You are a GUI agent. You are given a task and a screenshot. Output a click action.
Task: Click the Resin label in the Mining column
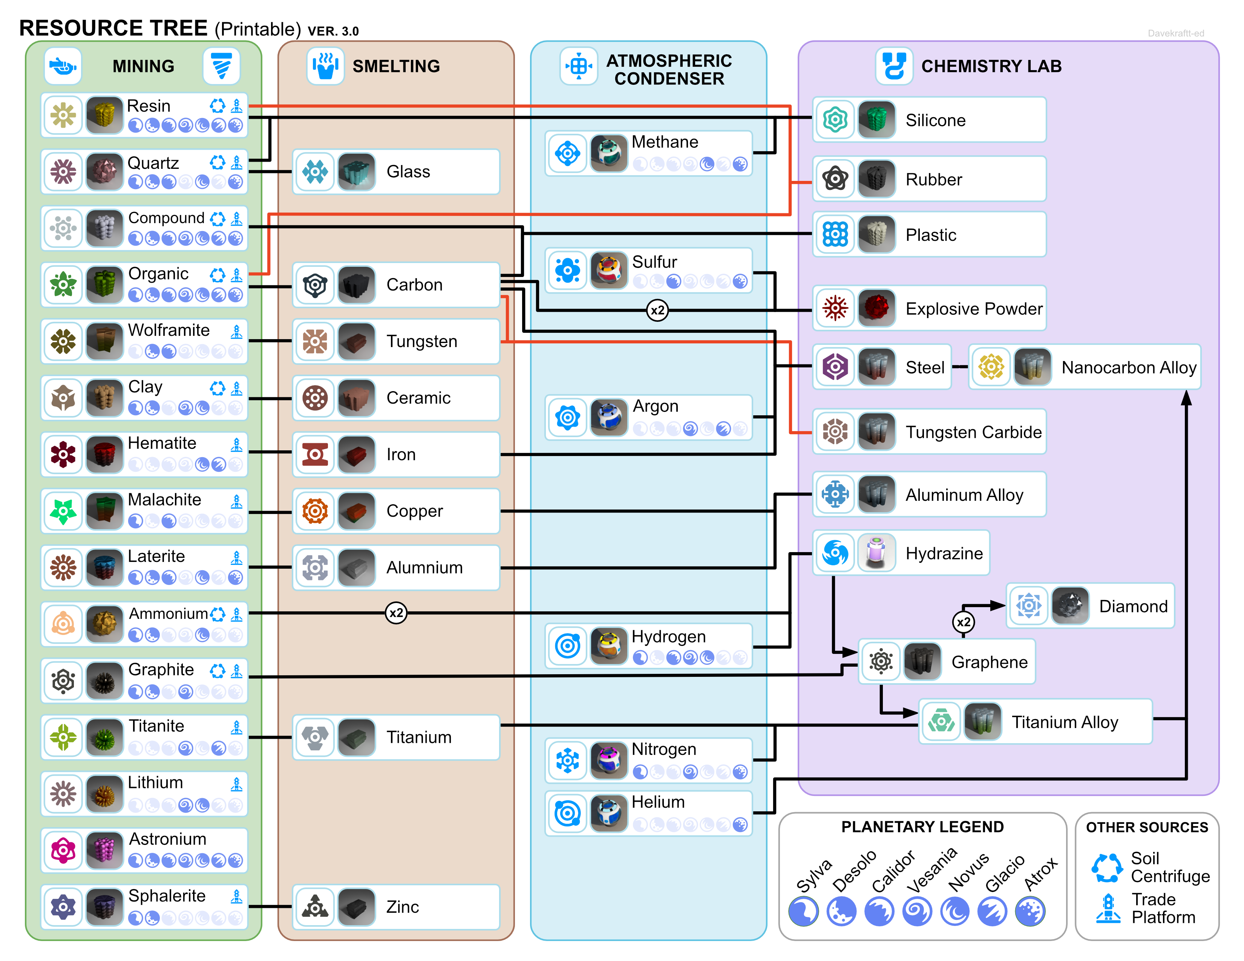pyautogui.click(x=149, y=106)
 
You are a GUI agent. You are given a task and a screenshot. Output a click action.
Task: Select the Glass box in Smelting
pyautogui.click(x=396, y=171)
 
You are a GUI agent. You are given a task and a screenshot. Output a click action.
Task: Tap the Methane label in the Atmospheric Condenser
pyautogui.click(x=665, y=142)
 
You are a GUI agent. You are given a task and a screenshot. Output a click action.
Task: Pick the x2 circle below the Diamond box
pyautogui.click(x=963, y=622)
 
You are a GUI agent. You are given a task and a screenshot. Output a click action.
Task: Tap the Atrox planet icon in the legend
pyautogui.click(x=1030, y=911)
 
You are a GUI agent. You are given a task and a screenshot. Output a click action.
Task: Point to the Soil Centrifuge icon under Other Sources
pyautogui.click(x=1107, y=867)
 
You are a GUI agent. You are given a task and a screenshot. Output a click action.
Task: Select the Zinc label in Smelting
pyautogui.click(x=402, y=906)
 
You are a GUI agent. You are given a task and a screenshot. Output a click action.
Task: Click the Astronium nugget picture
pyautogui.click(x=104, y=850)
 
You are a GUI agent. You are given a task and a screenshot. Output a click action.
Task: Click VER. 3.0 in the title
pyautogui.click(x=333, y=31)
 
